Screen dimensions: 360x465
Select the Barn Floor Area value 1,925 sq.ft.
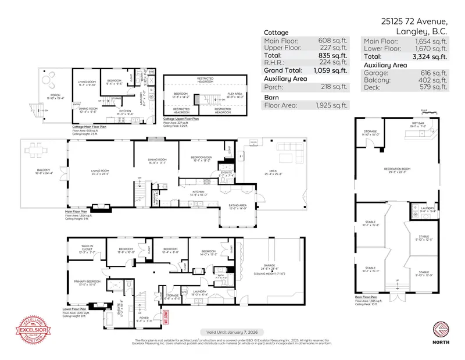[334, 105]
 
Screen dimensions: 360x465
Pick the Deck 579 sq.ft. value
[434, 87]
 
